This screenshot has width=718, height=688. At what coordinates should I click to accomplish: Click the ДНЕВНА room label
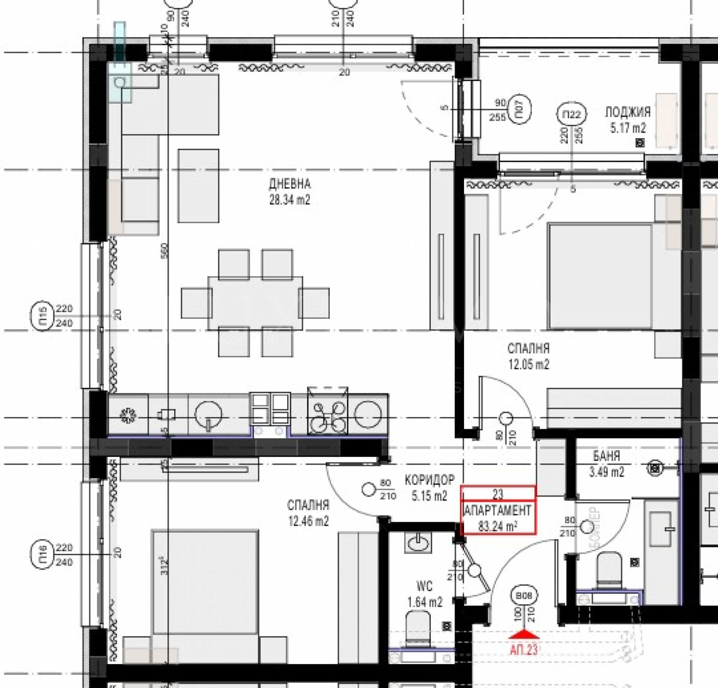coord(289,183)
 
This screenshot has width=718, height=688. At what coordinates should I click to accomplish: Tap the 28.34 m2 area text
coord(289,200)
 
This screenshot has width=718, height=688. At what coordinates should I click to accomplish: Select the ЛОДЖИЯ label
coord(627,112)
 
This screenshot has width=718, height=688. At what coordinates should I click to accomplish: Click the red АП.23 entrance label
coord(523,649)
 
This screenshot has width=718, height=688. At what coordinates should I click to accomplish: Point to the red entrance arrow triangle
coord(524,634)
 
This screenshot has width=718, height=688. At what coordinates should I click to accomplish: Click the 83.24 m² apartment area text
coord(497,526)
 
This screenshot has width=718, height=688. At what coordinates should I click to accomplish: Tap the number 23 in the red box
coord(498,494)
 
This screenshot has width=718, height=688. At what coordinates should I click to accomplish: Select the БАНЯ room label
coord(606,456)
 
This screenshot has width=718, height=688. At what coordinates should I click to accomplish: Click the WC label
coord(424,586)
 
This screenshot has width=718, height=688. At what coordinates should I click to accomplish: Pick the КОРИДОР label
coord(429,480)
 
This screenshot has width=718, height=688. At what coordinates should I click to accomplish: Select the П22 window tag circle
coord(571,115)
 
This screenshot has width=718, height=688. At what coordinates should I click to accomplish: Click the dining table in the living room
coord(255,303)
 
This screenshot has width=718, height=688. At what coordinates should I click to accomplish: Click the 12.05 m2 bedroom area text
coord(528,364)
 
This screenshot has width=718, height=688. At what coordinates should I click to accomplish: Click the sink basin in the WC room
coord(419,543)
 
